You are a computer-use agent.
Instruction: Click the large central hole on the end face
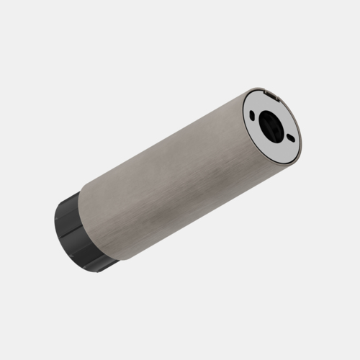click(272, 123)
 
